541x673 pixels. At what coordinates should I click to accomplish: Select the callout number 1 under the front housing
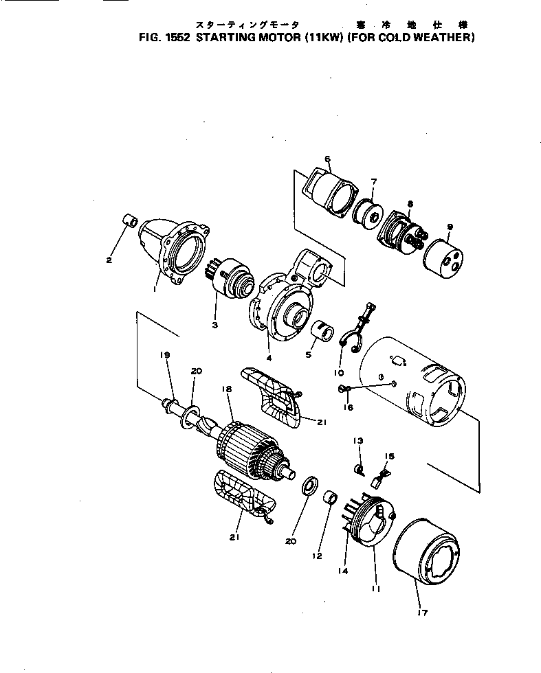point(155,290)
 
